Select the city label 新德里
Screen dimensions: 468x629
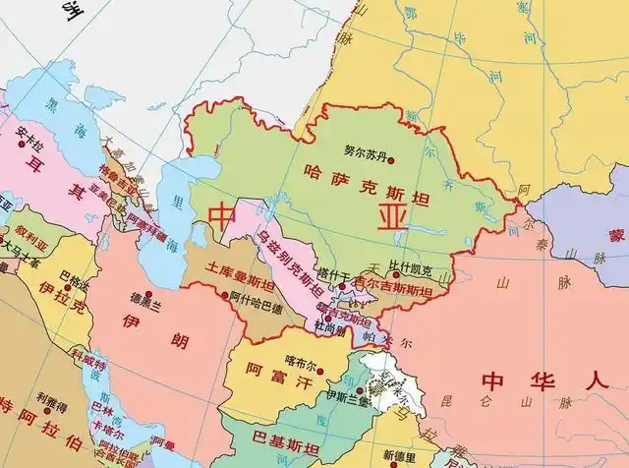(x=401, y=455)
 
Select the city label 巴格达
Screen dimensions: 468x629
(x=73, y=279)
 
